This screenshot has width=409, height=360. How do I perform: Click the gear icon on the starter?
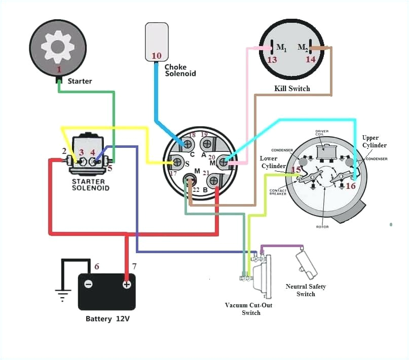tap(58, 46)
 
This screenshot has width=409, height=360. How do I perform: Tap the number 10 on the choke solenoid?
tap(157, 55)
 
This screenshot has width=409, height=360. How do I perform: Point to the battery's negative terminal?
tap(88, 284)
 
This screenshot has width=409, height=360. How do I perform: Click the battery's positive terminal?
tap(126, 284)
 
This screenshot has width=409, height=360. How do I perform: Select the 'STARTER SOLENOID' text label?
tap(89, 184)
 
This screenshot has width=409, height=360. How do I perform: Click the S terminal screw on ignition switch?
tap(177, 163)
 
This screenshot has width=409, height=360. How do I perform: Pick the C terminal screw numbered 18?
tap(188, 144)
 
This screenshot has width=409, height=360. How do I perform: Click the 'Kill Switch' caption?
tap(292, 89)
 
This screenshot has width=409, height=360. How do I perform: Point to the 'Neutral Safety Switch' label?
tap(306, 290)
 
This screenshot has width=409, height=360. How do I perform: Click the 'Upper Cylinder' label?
tap(374, 142)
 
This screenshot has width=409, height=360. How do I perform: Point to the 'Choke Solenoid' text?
tap(180, 70)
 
